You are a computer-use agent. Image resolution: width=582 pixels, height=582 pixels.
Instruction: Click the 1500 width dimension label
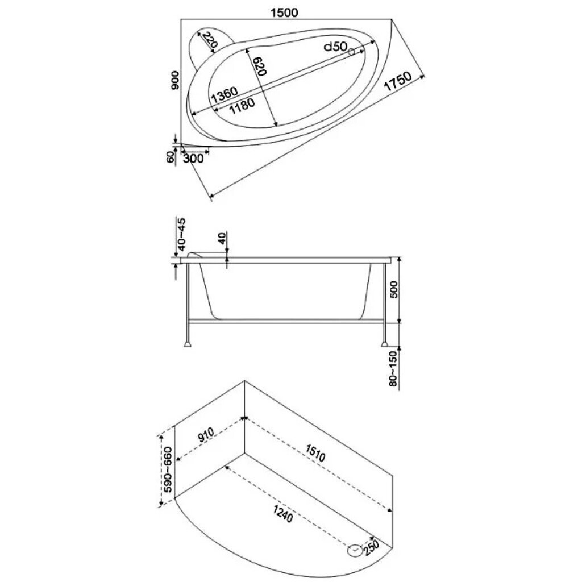284,13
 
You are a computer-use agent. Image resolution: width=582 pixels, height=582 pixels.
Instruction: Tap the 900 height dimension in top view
175,80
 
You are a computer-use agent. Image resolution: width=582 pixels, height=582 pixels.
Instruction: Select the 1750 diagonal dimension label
397,81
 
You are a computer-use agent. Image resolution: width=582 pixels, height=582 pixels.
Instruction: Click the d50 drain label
335,47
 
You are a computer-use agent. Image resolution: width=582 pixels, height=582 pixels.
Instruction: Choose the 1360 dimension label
224,95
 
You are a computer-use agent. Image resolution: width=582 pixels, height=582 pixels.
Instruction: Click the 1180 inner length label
242,106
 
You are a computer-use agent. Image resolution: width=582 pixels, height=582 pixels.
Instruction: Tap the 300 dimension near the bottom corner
193,159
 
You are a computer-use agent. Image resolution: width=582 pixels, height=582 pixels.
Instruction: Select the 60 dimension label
171,157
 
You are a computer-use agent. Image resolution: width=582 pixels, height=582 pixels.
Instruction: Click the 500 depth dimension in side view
394,289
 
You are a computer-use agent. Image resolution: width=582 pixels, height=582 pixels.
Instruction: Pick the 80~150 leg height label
393,368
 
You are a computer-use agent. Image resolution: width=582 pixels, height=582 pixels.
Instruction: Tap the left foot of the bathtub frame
189,344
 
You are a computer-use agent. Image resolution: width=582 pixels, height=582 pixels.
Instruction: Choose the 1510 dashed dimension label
315,452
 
